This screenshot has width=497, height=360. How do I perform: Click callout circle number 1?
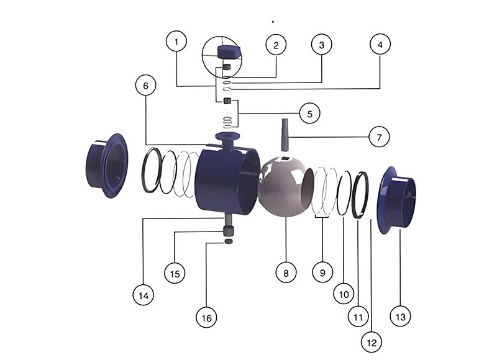pyautogui.click(x=176, y=41)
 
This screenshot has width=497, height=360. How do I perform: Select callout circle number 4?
pyautogui.click(x=380, y=44)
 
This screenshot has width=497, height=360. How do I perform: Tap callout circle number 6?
pyautogui.click(x=145, y=86)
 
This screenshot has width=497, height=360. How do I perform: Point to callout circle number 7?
pyautogui.click(x=379, y=137)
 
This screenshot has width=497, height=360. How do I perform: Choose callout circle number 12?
pyautogui.click(x=372, y=342)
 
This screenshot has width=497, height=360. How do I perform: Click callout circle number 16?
pyautogui.click(x=206, y=318)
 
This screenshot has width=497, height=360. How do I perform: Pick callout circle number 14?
pyautogui.click(x=144, y=295)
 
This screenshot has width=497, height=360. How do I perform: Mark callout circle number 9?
pyautogui.click(x=322, y=272)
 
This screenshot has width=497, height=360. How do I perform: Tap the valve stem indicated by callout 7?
pyautogui.click(x=285, y=134)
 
